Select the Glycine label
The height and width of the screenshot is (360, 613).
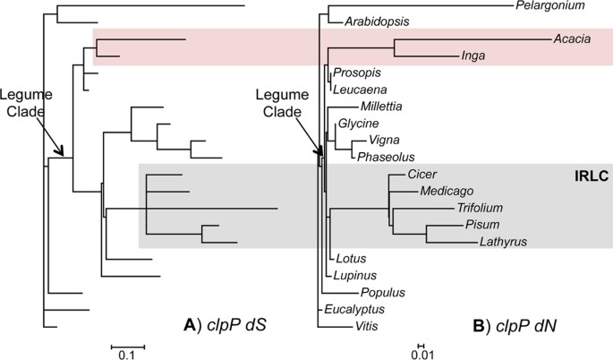(358, 123)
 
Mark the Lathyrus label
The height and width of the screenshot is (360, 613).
(505, 241)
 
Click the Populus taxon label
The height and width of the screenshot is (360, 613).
(385, 292)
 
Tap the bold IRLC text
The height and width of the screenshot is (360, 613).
(591, 176)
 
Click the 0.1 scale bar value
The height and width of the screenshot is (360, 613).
(126, 355)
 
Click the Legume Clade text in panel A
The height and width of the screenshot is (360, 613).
(25, 104)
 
